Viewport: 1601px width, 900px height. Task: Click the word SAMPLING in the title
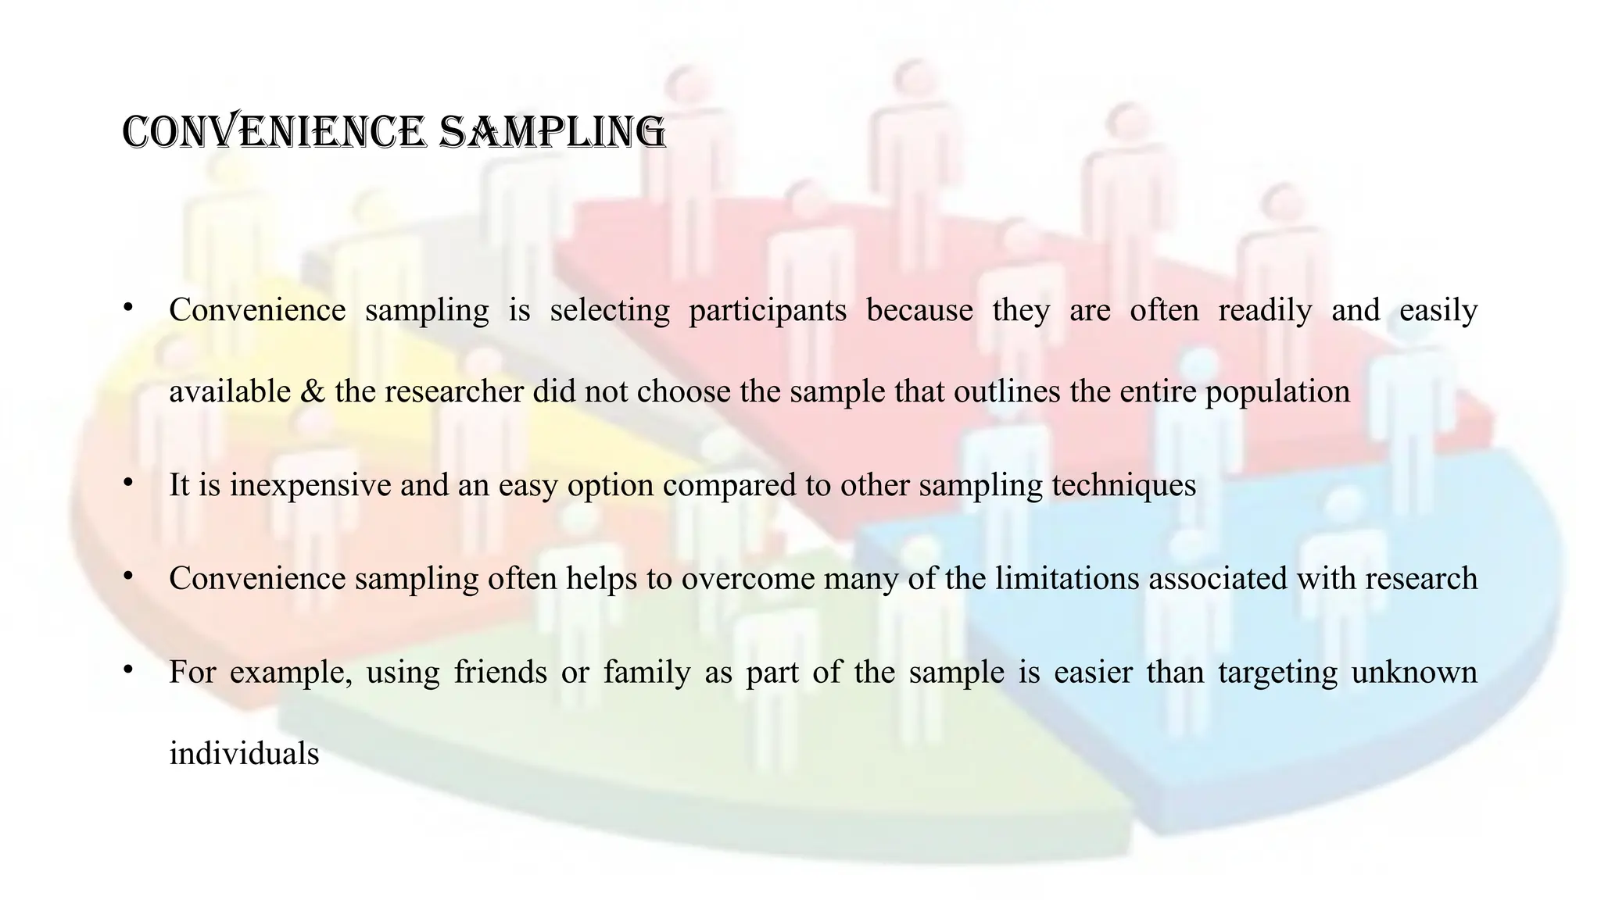pyautogui.click(x=552, y=131)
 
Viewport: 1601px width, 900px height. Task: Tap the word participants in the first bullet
pyautogui.click(x=768, y=310)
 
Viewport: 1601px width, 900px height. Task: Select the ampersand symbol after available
pyautogui.click(x=312, y=391)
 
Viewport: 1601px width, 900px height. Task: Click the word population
pyautogui.click(x=1277, y=391)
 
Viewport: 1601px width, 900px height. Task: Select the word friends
pyautogui.click(x=500, y=673)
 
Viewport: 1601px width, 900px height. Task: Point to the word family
pyautogui.click(x=646, y=673)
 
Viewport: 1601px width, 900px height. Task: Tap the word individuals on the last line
pyautogui.click(x=244, y=754)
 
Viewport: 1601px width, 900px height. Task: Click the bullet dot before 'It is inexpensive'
pyautogui.click(x=127, y=482)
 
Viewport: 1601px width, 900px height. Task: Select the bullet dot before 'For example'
pyautogui.click(x=127, y=670)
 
